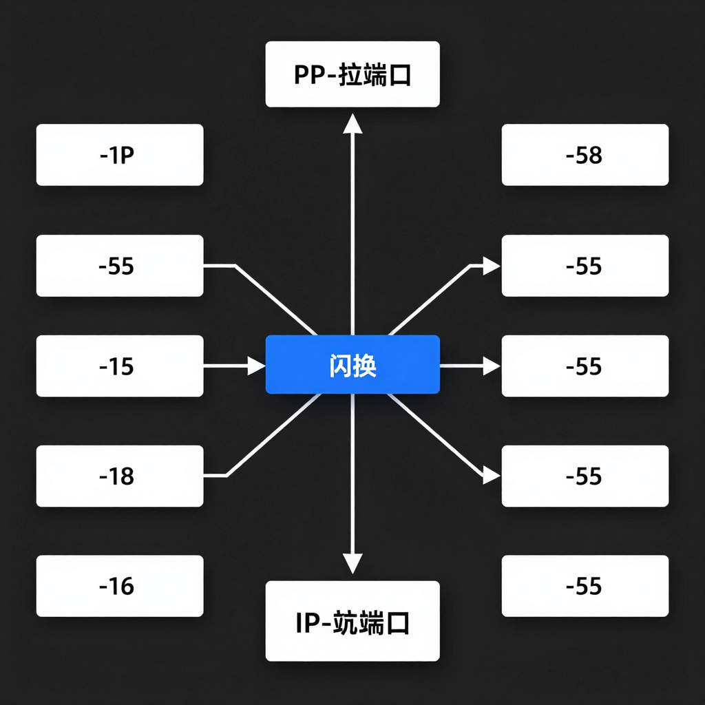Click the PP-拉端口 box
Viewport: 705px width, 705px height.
[x=352, y=74]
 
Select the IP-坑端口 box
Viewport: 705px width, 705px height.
[x=352, y=621]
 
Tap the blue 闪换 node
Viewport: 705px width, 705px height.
[x=352, y=364]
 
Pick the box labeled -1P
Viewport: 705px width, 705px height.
[x=119, y=155]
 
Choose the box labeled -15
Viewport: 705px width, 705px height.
[x=119, y=366]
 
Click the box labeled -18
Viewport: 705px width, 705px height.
[x=119, y=476]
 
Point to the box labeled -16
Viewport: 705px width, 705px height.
[x=119, y=586]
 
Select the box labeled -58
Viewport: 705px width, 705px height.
[x=585, y=155]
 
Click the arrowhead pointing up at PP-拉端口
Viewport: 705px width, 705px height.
[x=352, y=124]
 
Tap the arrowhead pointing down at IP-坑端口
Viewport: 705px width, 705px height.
[x=352, y=565]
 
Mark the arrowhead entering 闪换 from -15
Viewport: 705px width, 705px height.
[x=256, y=366]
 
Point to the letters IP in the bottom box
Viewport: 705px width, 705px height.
[x=306, y=622]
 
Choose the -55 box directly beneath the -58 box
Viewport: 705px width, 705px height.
[x=585, y=266]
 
